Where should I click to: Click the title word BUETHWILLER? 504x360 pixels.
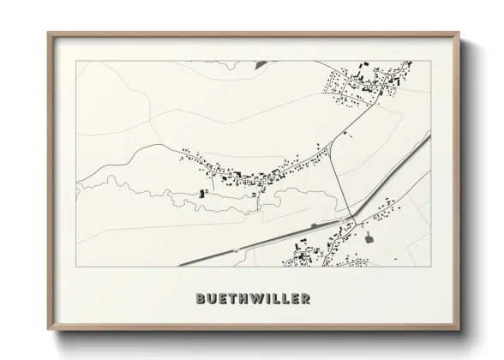point(252,299)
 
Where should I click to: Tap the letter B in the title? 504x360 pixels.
point(201,299)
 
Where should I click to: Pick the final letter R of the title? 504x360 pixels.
point(305,299)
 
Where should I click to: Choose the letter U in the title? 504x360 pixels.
point(211,299)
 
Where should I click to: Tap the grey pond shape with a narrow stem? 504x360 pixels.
point(369,237)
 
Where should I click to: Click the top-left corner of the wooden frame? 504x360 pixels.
point(49,33)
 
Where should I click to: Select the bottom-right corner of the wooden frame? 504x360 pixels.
point(461,326)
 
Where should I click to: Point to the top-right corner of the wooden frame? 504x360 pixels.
point(461,33)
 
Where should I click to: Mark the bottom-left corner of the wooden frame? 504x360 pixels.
point(49,326)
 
